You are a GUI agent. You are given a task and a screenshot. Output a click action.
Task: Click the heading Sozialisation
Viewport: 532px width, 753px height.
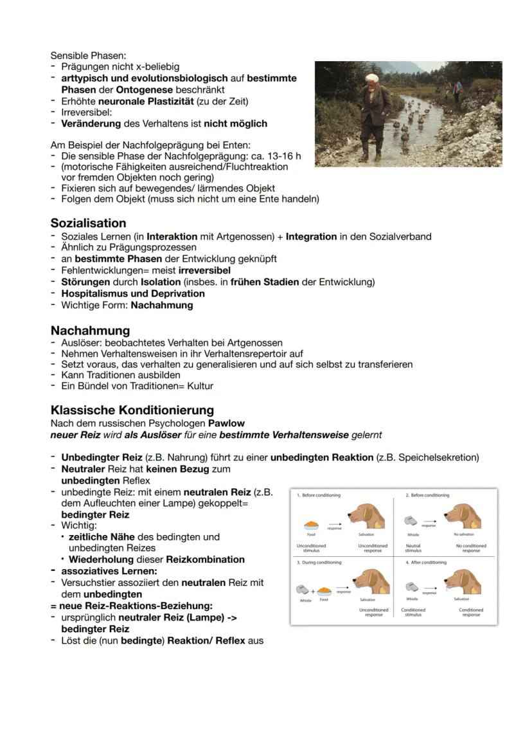88,223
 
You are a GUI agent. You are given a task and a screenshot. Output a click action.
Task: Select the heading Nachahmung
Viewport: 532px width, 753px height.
90,331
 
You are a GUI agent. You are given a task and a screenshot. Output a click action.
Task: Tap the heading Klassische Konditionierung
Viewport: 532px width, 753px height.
132,410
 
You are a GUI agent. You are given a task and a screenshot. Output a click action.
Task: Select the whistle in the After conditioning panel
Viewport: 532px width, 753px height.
412,587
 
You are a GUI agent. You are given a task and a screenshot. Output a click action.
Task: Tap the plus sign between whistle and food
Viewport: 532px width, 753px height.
313,591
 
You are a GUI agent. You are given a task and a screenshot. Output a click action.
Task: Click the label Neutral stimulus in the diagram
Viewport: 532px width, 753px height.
413,548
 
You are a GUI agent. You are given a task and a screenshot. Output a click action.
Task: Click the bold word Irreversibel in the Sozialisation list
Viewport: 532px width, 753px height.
204,271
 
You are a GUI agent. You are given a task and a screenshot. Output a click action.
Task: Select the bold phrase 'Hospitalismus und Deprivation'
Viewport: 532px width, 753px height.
133,293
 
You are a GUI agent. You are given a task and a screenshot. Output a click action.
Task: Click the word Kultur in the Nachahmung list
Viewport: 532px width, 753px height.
200,386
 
